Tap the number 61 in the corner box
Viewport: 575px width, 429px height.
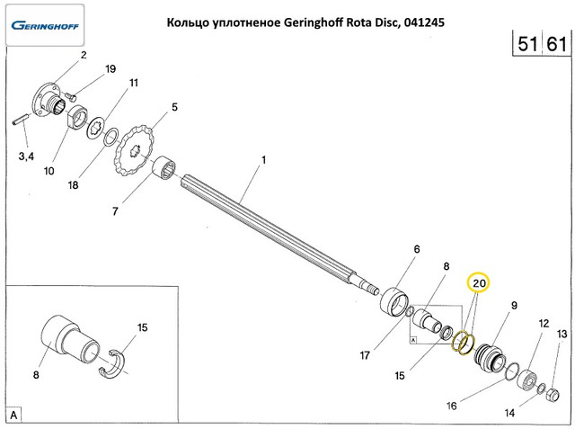[556, 43]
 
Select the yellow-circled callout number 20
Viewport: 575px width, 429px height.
[480, 282]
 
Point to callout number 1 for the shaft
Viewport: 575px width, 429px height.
[264, 162]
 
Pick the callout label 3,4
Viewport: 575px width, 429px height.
[27, 156]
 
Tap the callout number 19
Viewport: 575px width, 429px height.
[111, 68]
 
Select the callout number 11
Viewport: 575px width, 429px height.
[133, 83]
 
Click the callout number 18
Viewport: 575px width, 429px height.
[73, 185]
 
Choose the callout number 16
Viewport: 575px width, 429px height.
[451, 406]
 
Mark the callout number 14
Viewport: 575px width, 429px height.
[509, 413]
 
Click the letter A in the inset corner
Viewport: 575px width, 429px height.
[14, 415]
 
